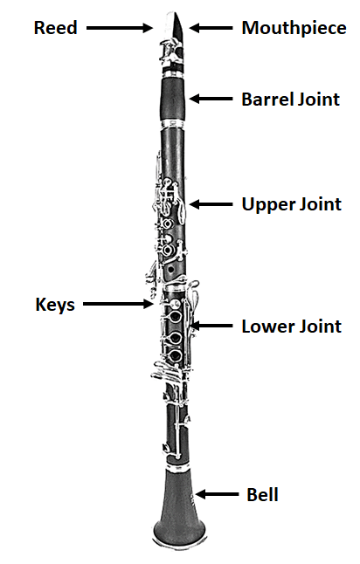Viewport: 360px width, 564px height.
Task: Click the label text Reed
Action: pyautogui.click(x=55, y=28)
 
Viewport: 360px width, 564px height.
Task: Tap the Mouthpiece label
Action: pyautogui.click(x=294, y=28)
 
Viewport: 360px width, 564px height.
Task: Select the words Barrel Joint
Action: pyautogui.click(x=290, y=100)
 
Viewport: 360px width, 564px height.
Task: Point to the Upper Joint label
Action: pyautogui.click(x=292, y=204)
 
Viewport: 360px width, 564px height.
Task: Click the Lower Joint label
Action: pyautogui.click(x=292, y=327)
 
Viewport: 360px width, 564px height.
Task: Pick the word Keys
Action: pyautogui.click(x=55, y=305)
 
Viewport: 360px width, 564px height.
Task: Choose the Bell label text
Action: pyautogui.click(x=262, y=494)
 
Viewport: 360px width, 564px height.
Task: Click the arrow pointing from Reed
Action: pyautogui.click(x=120, y=28)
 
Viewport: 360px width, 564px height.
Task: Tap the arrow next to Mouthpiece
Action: pyautogui.click(x=211, y=28)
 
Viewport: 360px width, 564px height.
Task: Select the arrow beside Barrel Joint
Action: pyautogui.click(x=211, y=99)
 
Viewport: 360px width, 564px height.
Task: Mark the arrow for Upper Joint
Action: pyautogui.click(x=211, y=204)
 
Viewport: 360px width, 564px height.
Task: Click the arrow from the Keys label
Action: pyautogui.click(x=119, y=304)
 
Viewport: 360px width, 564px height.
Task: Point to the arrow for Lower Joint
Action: pyautogui.click(x=211, y=326)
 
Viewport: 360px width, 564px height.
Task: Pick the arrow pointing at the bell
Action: pyautogui.click(x=217, y=494)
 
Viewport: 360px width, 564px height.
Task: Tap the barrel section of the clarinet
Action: pyautogui.click(x=173, y=99)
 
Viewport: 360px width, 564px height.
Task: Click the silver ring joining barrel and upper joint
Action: pyautogui.click(x=173, y=124)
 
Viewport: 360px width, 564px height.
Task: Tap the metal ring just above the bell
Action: pyautogui.click(x=178, y=466)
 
